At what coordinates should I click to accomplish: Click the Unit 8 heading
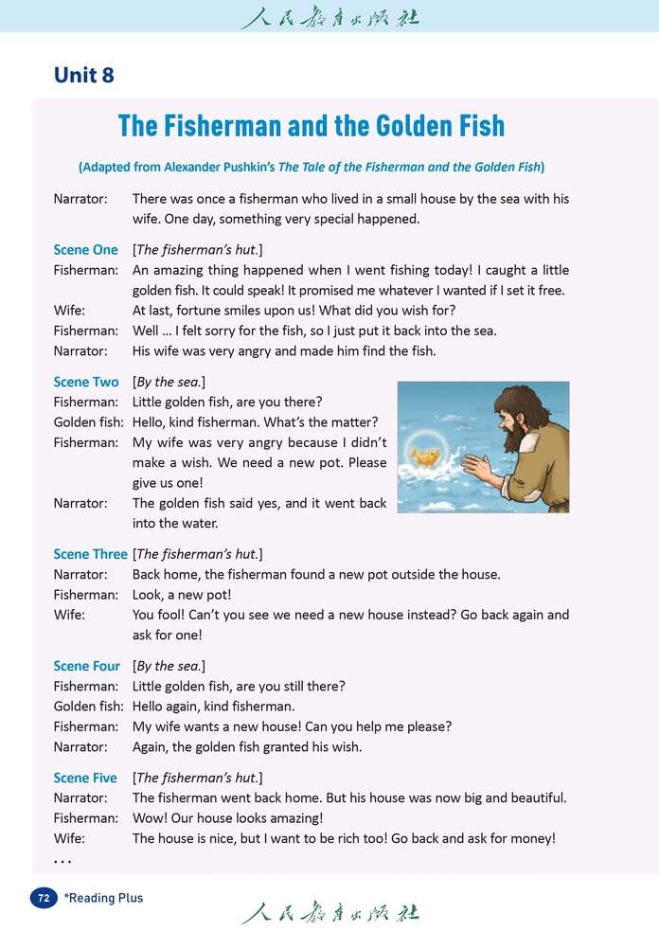tap(84, 75)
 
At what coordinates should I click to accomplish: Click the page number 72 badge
tap(44, 897)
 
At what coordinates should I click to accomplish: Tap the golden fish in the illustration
tap(426, 457)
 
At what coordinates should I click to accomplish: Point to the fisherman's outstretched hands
tap(478, 468)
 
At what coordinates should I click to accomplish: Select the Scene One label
tap(85, 250)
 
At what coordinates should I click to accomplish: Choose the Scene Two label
tap(85, 382)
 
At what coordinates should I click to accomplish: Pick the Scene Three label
tap(90, 554)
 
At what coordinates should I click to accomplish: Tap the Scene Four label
tap(86, 666)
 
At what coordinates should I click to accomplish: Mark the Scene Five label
tap(85, 778)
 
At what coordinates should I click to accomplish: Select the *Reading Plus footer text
tap(103, 897)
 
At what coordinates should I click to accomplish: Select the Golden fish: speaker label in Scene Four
tap(88, 706)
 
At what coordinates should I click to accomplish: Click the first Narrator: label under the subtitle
tap(80, 199)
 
